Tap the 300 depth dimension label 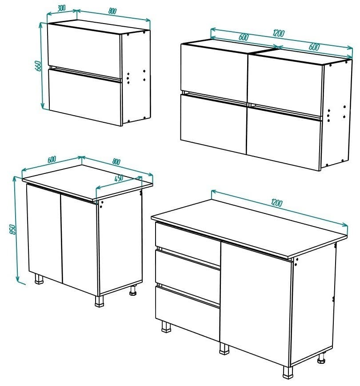[x=62, y=8]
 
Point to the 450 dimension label [x=119, y=178]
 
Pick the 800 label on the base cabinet [x=116, y=162]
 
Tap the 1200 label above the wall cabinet [x=279, y=33]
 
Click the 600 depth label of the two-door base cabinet [x=51, y=159]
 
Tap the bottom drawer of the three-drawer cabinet [x=188, y=307]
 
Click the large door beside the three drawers [x=256, y=302]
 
